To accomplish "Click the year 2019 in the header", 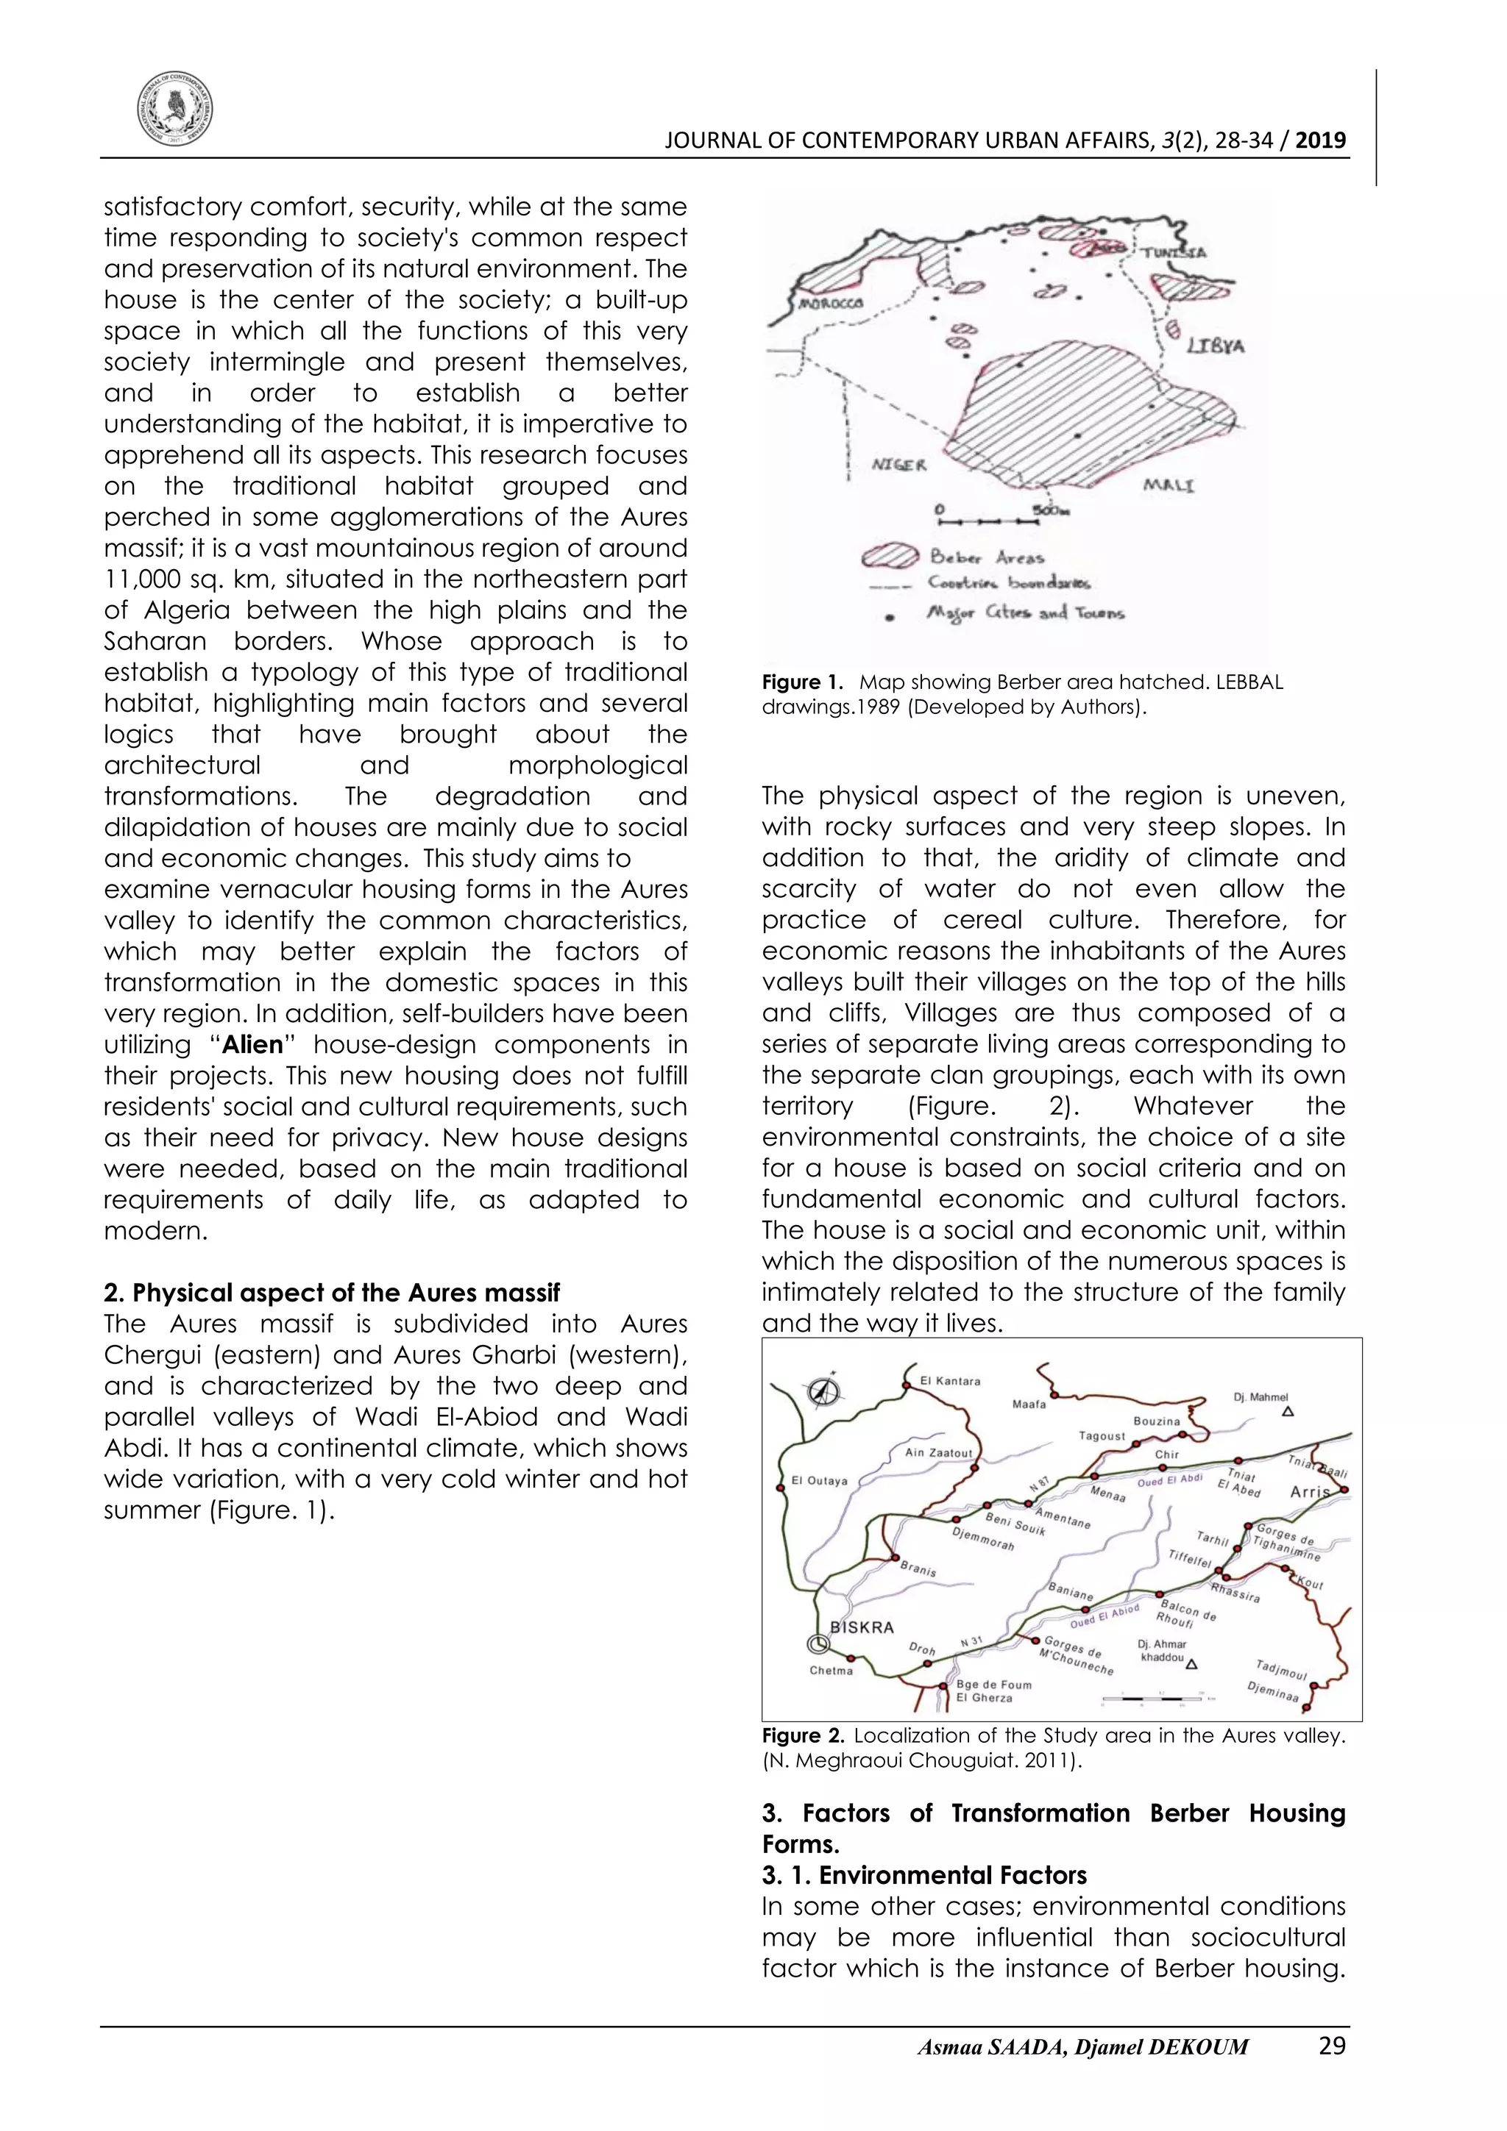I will (x=1320, y=141).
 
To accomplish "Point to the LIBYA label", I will (x=1216, y=346).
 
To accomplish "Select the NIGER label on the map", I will (x=898, y=465).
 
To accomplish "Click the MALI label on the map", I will (x=1168, y=485).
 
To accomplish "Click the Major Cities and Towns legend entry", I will (x=1025, y=613).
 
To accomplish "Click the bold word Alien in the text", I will (x=252, y=1045).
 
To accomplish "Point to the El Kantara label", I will (x=949, y=1381).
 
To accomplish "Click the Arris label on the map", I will (x=1310, y=1493).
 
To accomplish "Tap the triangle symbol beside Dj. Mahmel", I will (x=1288, y=1413).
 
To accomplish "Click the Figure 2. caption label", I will (x=802, y=1735).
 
